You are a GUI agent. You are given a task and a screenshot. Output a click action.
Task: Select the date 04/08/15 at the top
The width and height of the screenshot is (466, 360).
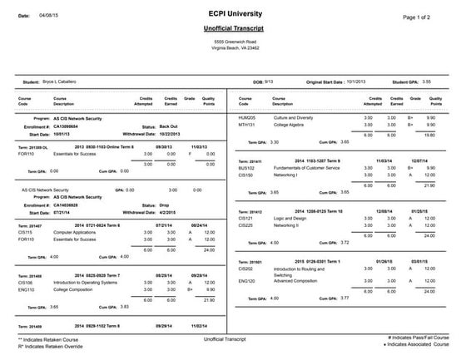pos(49,16)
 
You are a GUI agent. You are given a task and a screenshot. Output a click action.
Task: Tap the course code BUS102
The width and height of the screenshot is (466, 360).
pos(245,168)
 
